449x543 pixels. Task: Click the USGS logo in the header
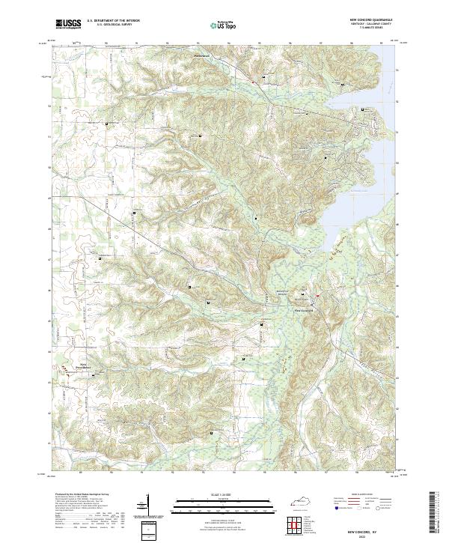point(68,24)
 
